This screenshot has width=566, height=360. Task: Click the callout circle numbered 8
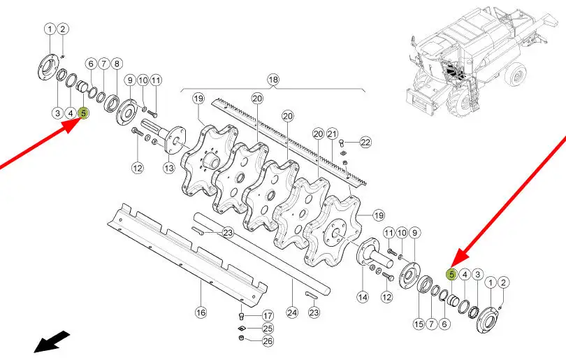[x=117, y=64]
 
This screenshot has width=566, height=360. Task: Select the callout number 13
[x=169, y=168]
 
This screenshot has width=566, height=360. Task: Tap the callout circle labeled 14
[x=363, y=297]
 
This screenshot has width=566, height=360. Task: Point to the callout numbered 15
[x=419, y=324]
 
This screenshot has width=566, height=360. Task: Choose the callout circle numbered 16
[x=201, y=312]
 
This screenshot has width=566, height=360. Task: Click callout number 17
[x=268, y=316]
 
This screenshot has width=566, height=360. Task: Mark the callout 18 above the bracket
[x=273, y=80]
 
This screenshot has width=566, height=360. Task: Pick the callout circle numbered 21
[x=332, y=134]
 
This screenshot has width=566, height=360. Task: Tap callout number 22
[x=365, y=143]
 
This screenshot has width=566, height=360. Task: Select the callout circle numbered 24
[x=291, y=312]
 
